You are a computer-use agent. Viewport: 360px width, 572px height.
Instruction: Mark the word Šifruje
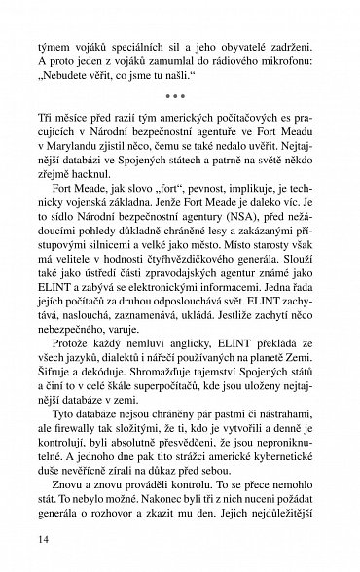click(57, 433)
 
